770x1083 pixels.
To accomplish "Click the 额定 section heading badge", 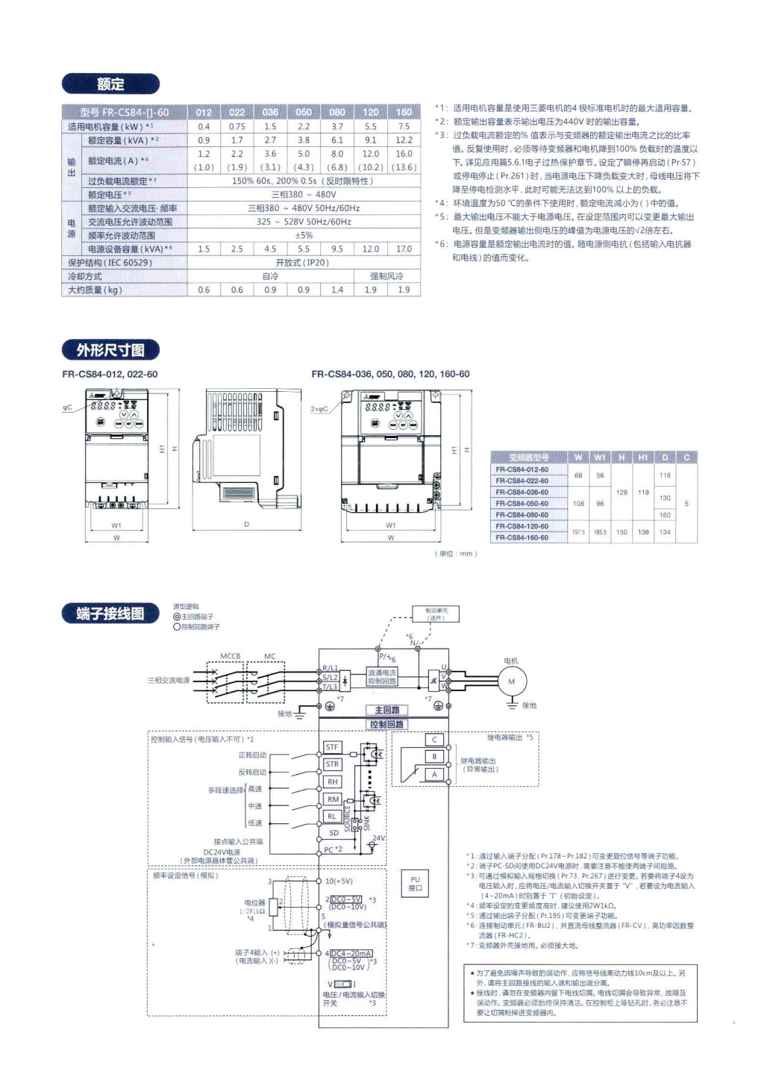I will (x=110, y=84).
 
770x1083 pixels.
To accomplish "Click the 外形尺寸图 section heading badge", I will (x=110, y=349).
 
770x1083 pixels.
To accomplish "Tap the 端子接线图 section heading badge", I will (x=110, y=614).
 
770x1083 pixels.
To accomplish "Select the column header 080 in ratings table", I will (x=337, y=112).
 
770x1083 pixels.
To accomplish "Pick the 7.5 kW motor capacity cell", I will (x=404, y=126).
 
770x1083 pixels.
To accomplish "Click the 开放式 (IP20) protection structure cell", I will (x=302, y=263).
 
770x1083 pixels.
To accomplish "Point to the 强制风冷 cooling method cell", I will (x=386, y=276).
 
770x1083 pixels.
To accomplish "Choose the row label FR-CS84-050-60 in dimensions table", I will (x=522, y=503).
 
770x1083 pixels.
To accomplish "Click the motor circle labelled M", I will (x=511, y=681).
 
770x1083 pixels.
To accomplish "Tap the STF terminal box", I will (x=332, y=746).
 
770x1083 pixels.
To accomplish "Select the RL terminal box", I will (x=332, y=817).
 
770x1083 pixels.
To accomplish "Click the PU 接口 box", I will (x=416, y=884).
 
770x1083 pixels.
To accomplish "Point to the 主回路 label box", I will (x=386, y=710).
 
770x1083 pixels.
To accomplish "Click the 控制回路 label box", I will (x=386, y=724).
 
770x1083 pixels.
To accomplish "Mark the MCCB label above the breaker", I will (x=230, y=656).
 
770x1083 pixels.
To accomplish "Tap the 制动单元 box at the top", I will (x=436, y=614).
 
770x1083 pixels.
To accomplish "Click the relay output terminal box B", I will (x=434, y=757).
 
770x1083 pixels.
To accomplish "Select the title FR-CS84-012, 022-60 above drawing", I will (x=110, y=374).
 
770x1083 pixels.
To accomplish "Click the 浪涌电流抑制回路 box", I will (x=382, y=677).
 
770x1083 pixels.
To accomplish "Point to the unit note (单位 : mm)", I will (x=455, y=554).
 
